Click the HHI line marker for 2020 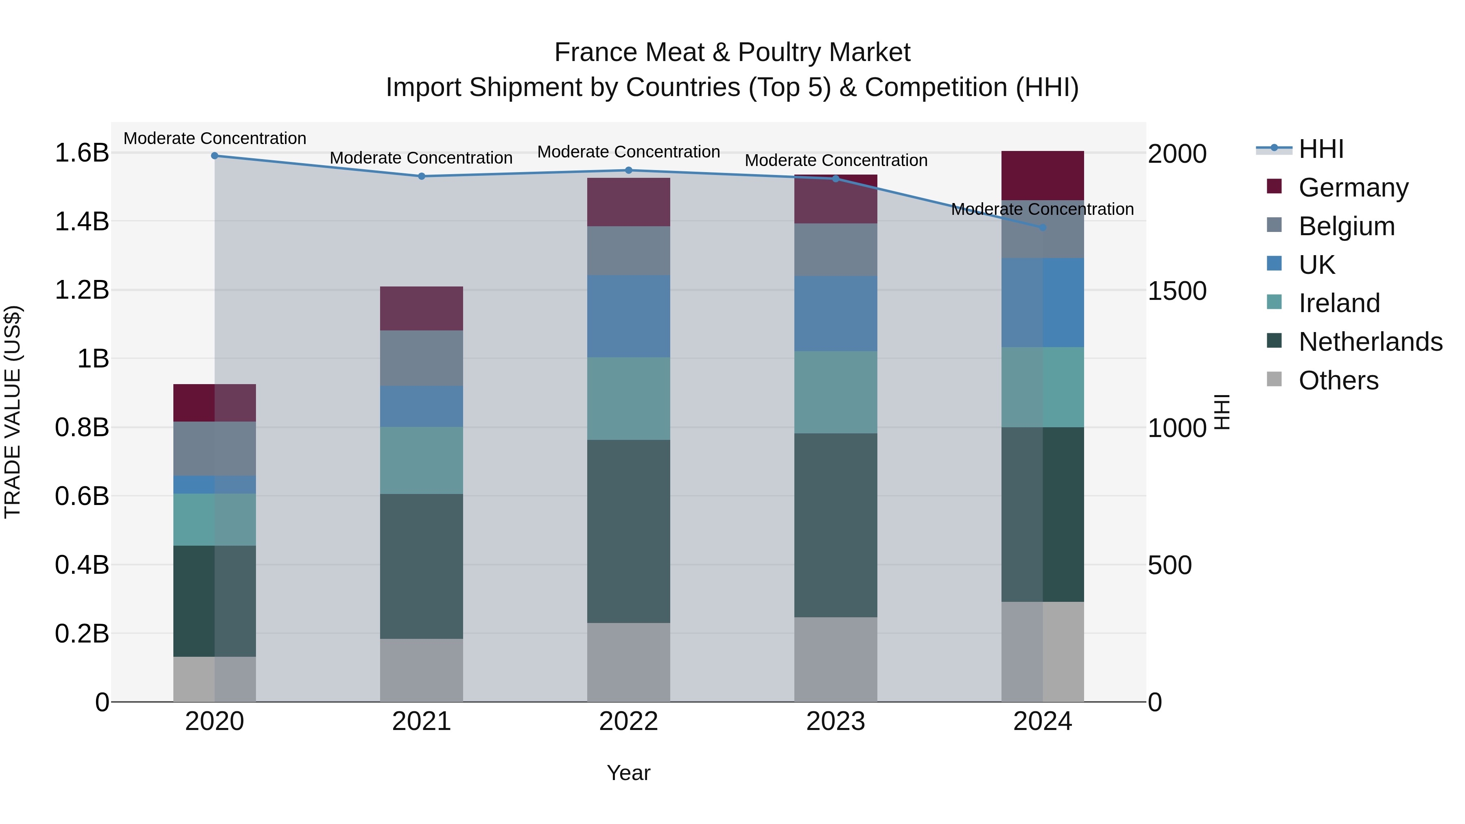[214, 156]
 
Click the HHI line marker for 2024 [1043, 227]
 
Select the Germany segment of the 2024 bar [1043, 176]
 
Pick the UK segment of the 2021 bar [422, 406]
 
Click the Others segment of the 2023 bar [835, 659]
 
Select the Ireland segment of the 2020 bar [214, 519]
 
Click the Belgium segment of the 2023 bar [835, 250]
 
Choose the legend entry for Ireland [1339, 303]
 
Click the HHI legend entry [1321, 149]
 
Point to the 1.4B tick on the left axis [81, 221]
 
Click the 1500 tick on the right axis [1176, 291]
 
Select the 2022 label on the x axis [628, 721]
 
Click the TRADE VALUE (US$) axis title [13, 412]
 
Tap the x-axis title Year [628, 773]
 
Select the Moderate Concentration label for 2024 [1043, 209]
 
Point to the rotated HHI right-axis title [1222, 412]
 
